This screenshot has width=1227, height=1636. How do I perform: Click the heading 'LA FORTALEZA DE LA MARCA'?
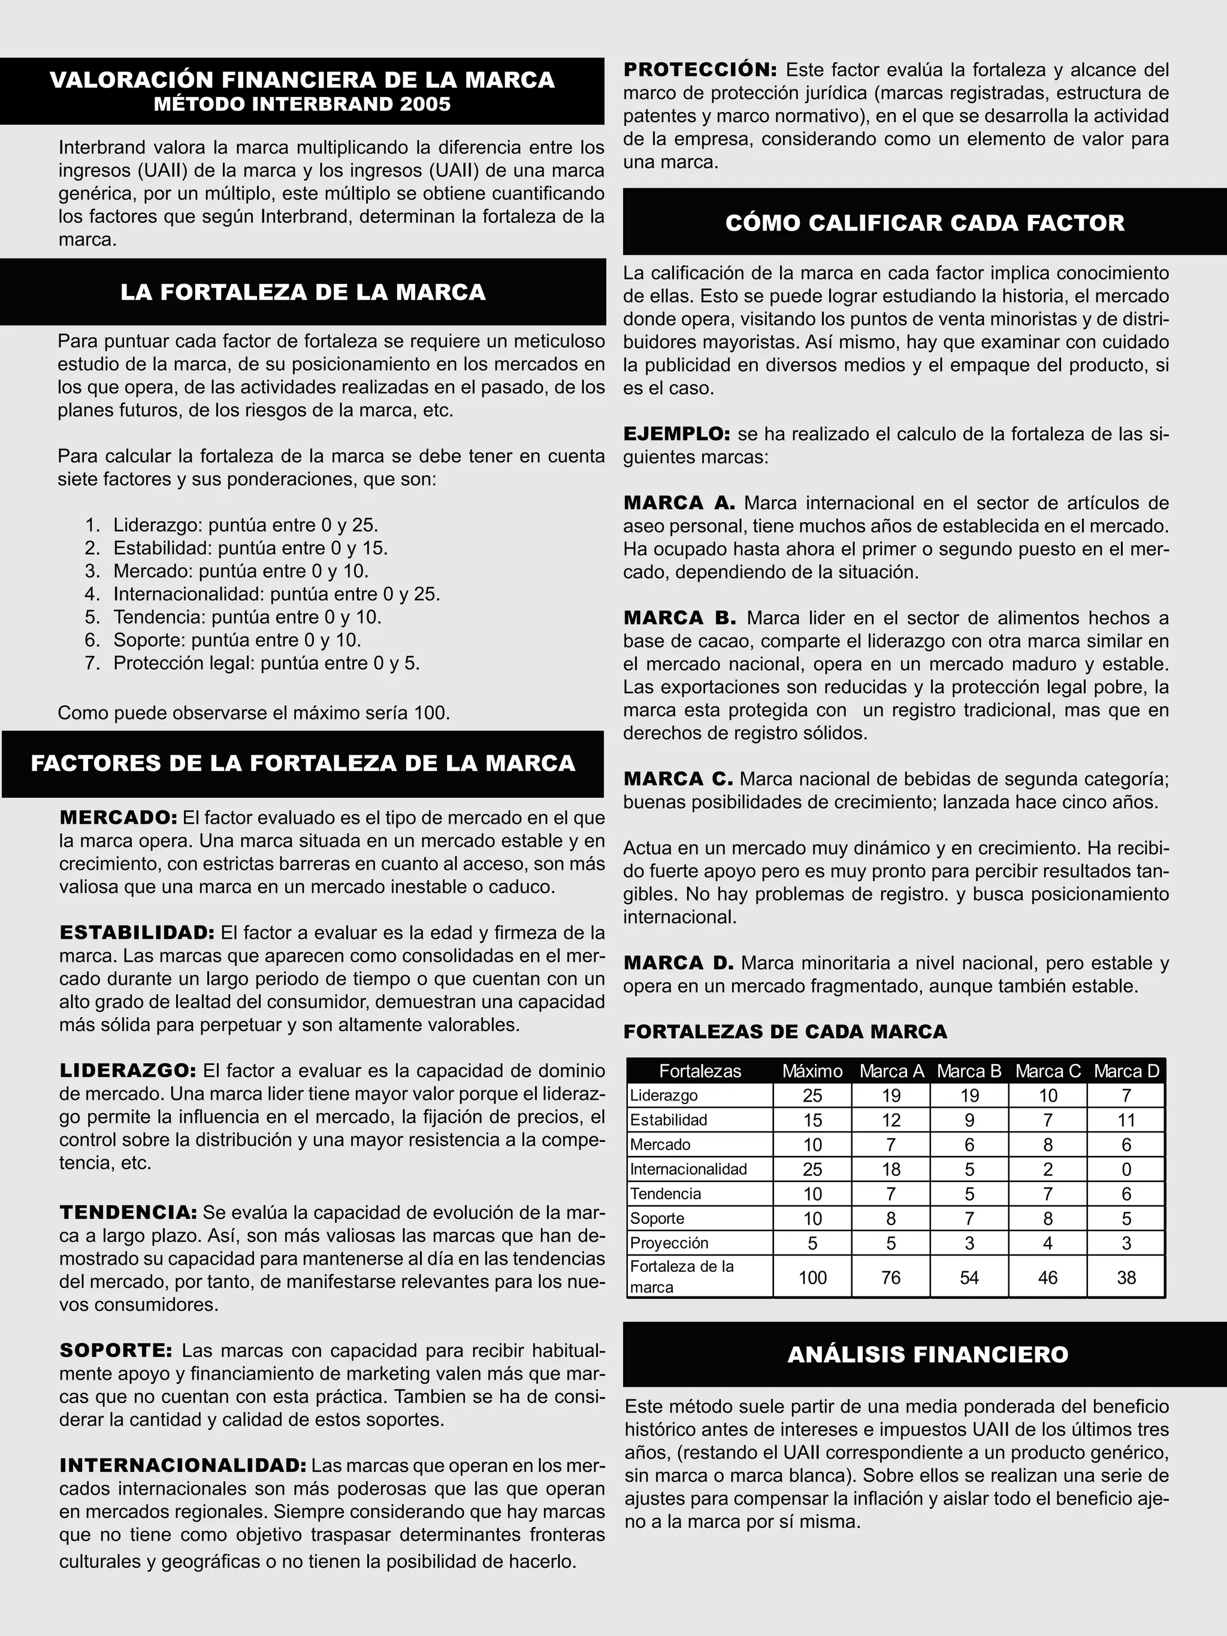(303, 292)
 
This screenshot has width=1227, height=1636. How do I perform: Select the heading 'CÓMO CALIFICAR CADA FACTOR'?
(924, 223)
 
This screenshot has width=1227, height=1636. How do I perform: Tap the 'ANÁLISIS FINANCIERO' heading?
(927, 1354)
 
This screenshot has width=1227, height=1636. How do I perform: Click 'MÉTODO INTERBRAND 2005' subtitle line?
(302, 104)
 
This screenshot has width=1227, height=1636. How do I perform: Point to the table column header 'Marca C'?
(1047, 1071)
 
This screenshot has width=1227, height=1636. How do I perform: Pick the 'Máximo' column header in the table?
(812, 1071)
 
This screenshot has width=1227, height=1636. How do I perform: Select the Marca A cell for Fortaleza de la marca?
(890, 1277)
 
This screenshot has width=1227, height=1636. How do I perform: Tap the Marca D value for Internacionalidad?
(1126, 1169)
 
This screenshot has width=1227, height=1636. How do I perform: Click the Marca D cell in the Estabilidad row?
(1126, 1120)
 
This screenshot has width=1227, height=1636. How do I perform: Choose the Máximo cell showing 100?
(812, 1277)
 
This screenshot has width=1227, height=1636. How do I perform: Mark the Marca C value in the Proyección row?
(1047, 1243)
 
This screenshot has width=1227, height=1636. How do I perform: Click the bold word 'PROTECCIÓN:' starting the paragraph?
(700, 70)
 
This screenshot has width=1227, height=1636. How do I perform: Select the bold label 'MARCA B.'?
(679, 618)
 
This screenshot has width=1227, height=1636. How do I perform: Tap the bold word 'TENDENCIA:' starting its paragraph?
(128, 1212)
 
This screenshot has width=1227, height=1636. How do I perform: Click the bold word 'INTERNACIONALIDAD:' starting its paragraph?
(183, 1465)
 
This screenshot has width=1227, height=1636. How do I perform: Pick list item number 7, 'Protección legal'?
(265, 663)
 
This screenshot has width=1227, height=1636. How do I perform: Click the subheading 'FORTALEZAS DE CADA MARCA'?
(785, 1032)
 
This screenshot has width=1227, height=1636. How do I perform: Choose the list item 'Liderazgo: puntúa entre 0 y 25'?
(245, 525)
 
